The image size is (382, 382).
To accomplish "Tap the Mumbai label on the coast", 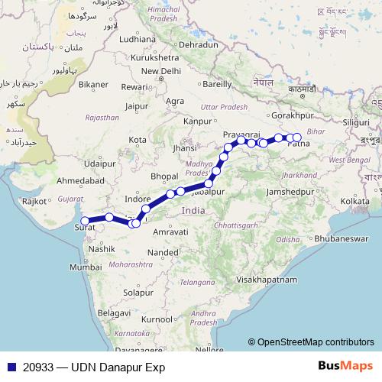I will coord(86,267).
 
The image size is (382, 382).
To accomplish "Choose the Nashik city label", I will coord(101,249).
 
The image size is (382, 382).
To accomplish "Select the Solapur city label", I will coord(138,293).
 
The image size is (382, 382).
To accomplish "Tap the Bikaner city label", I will coord(93,84).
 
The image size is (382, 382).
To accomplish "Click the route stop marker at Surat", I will coord(85,221).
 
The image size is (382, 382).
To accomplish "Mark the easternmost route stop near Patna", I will coord(297,138).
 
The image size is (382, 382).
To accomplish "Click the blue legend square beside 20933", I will coord(10,367).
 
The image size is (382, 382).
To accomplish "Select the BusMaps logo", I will coord(346,366).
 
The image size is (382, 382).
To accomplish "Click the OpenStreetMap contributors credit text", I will coord(310,342).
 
